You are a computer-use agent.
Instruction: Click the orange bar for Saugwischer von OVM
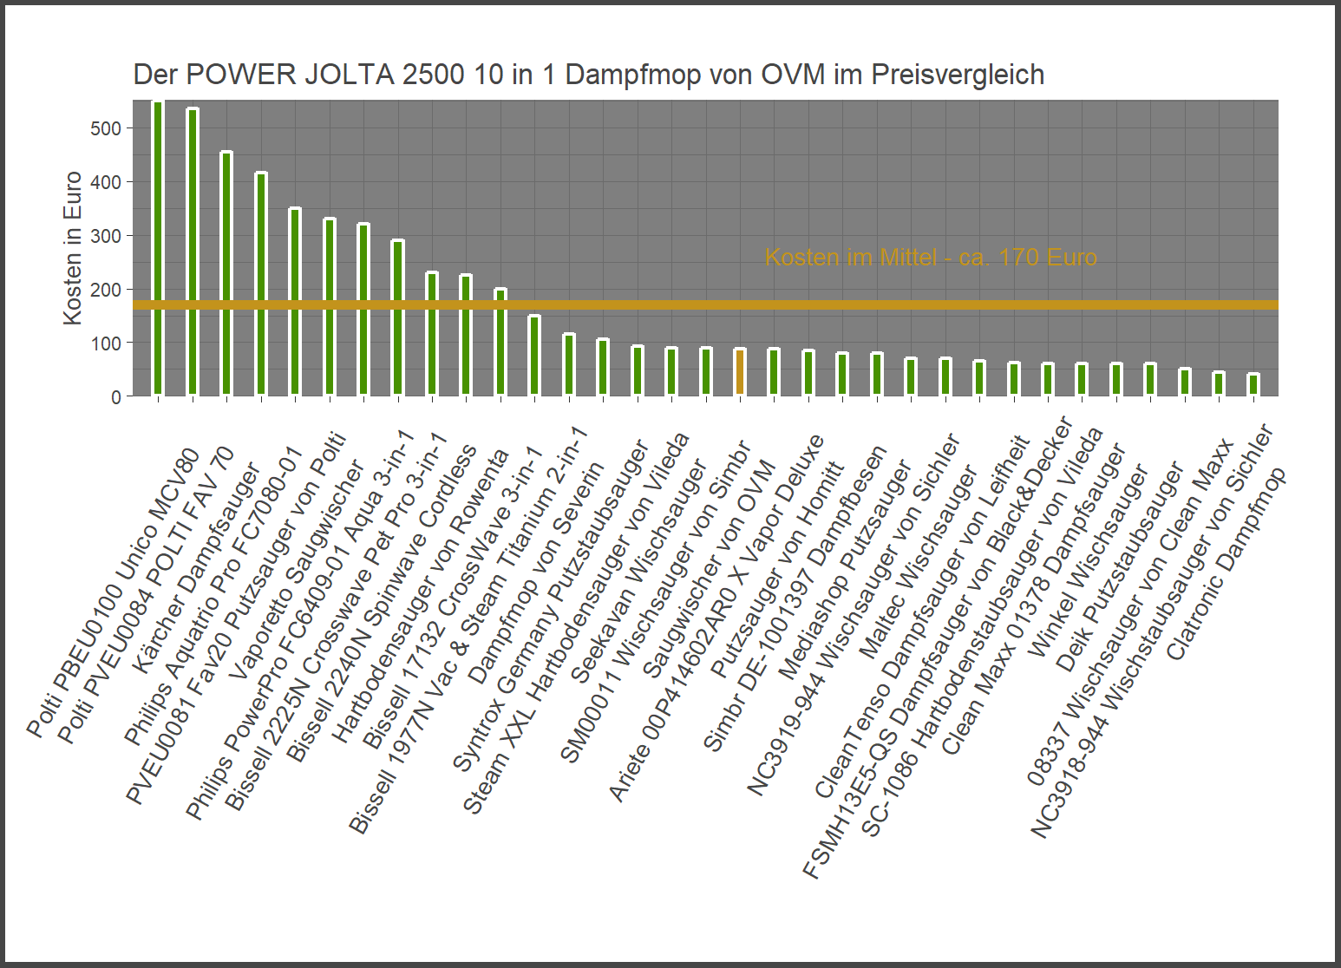[x=740, y=372]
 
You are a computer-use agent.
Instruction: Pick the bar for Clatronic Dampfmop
[x=1253, y=385]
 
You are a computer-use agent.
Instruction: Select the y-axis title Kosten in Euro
[x=73, y=248]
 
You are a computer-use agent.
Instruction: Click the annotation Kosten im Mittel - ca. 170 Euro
[x=930, y=258]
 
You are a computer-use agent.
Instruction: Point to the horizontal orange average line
[x=867, y=305]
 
